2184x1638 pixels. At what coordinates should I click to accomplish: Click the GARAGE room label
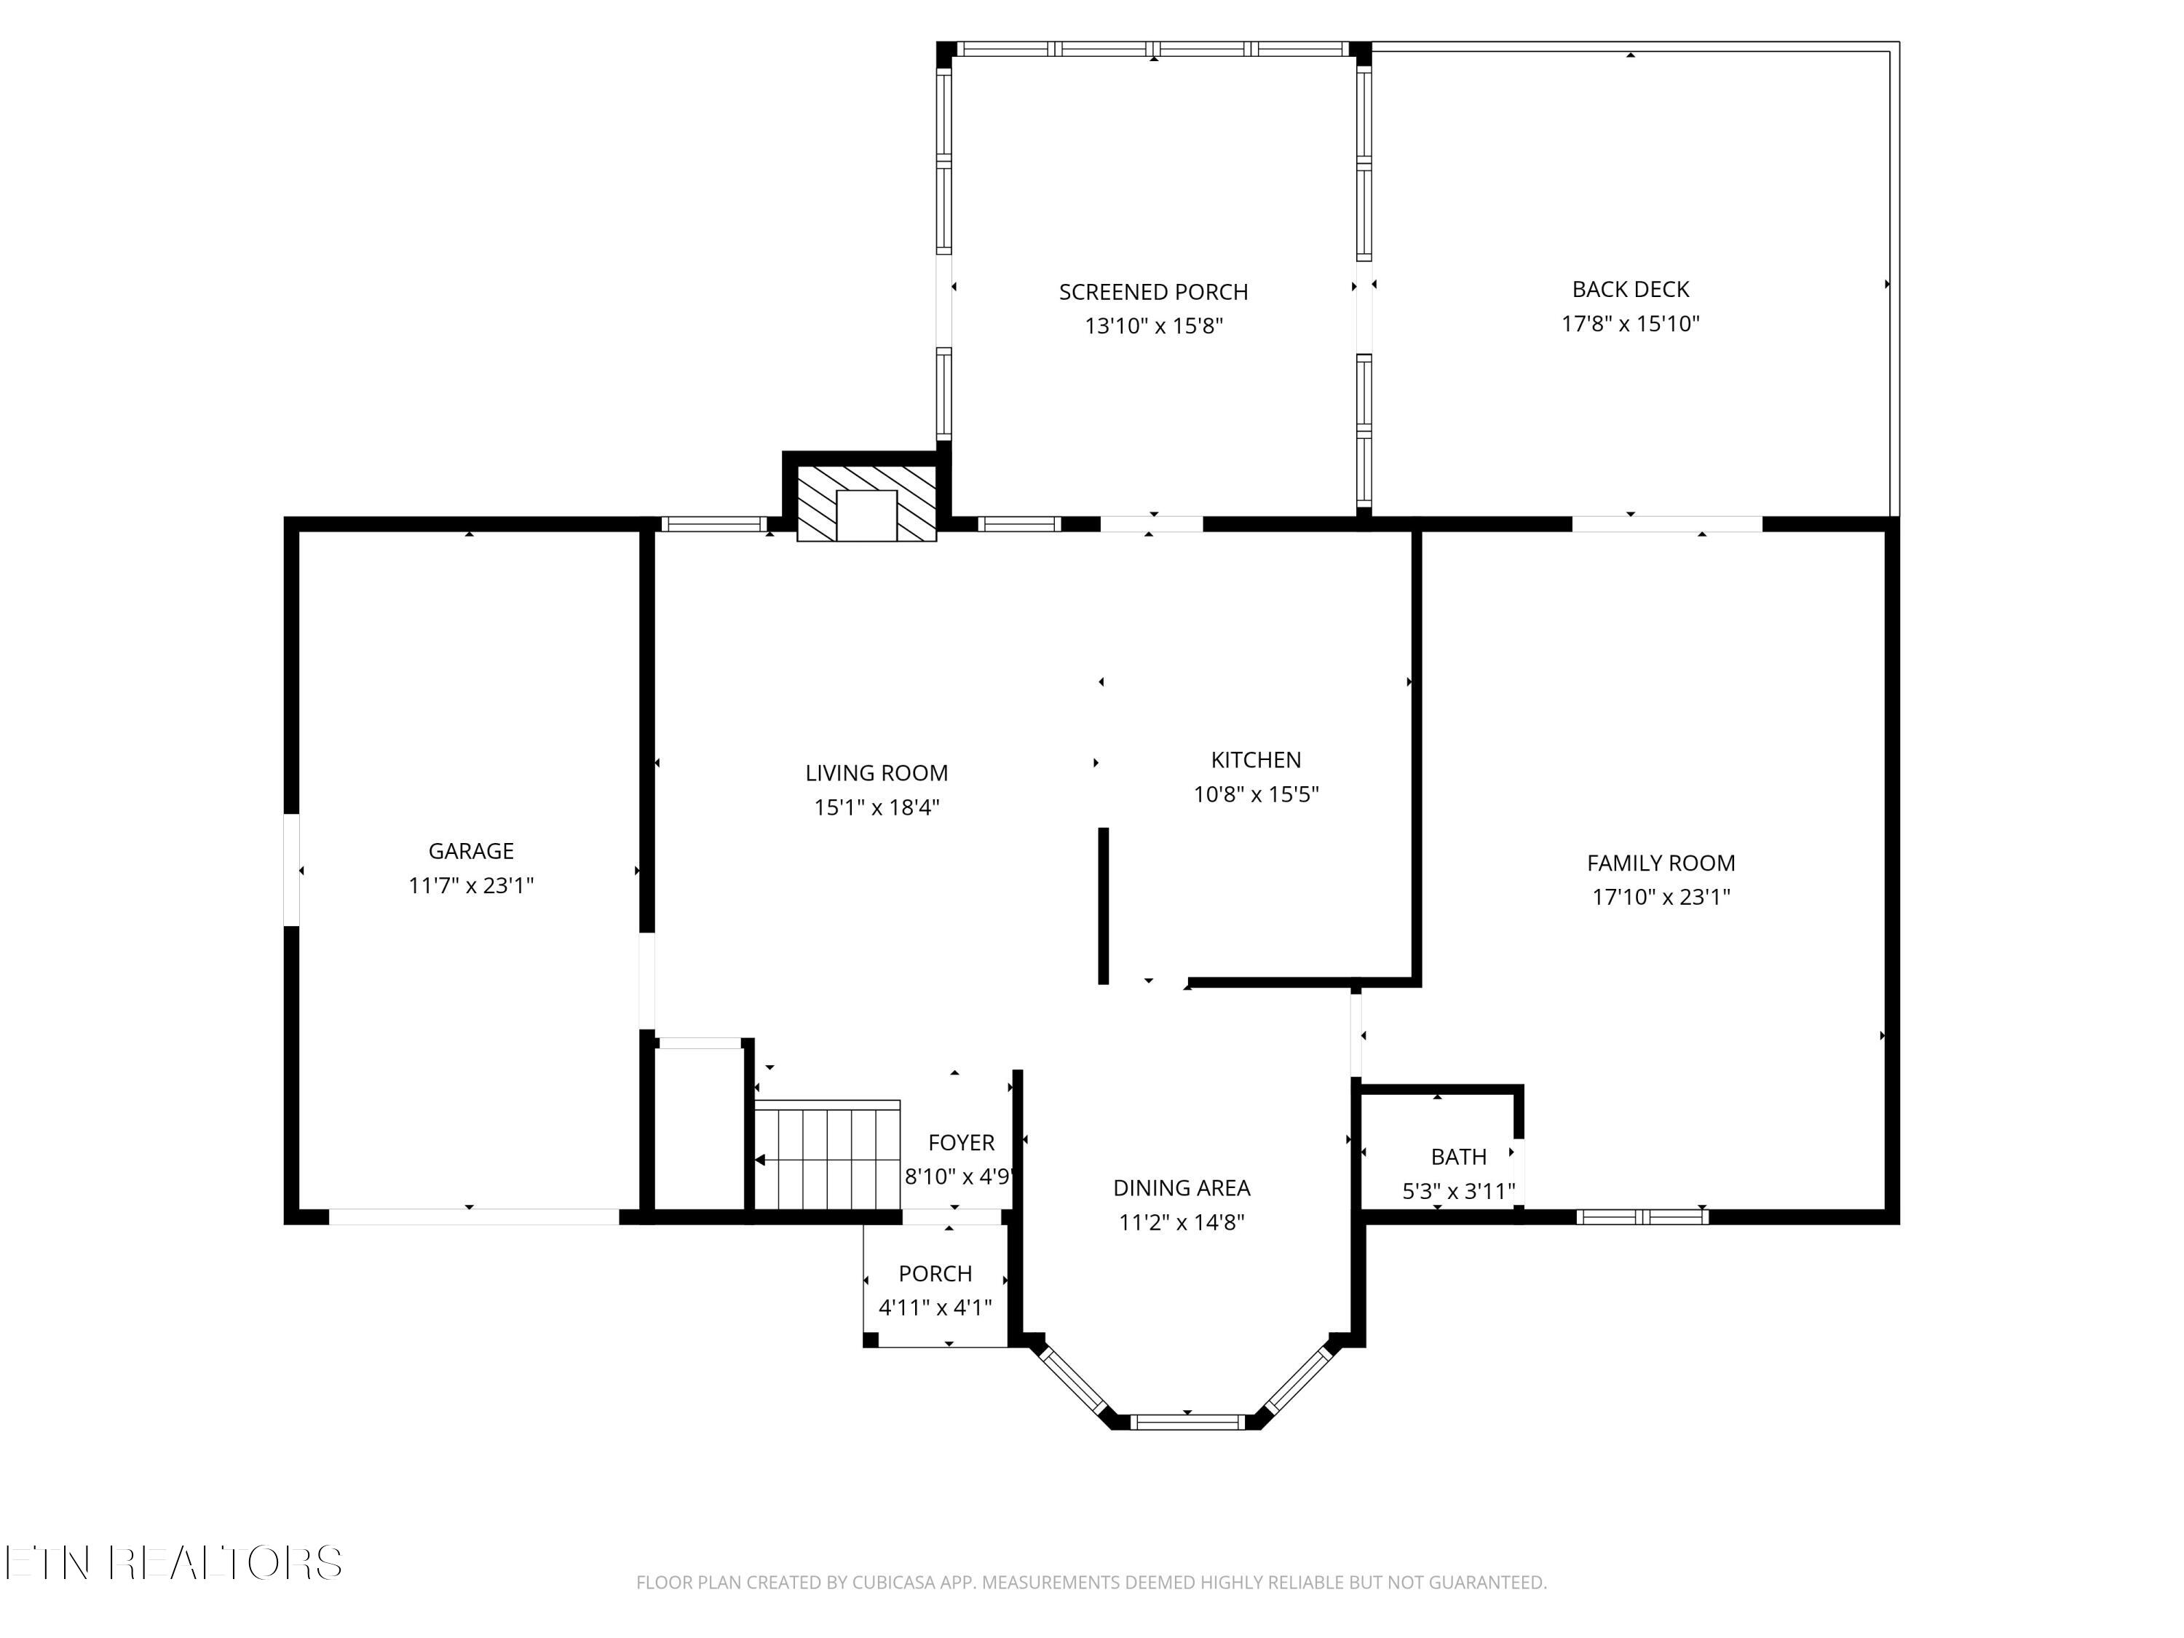[471, 851]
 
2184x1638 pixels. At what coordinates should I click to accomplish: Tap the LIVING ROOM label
[877, 773]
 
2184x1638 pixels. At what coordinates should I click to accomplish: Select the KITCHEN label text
[1256, 760]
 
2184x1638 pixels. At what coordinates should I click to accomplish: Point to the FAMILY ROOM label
[1661, 863]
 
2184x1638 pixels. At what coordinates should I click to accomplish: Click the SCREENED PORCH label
[1153, 292]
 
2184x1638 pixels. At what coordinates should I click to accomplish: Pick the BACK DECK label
[1630, 289]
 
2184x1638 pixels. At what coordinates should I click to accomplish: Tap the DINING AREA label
[1182, 1188]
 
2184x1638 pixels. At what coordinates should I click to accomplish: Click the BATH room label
[1458, 1156]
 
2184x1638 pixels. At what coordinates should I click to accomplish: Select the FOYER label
[961, 1142]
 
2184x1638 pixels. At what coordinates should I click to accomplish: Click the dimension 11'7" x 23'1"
[471, 886]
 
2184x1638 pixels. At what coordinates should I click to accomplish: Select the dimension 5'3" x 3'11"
[1458, 1191]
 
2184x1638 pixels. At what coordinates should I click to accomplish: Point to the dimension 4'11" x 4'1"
[935, 1308]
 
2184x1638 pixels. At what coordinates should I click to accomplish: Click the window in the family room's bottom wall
[1642, 1216]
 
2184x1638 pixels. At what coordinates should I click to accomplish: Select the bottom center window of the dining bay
[1188, 1422]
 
